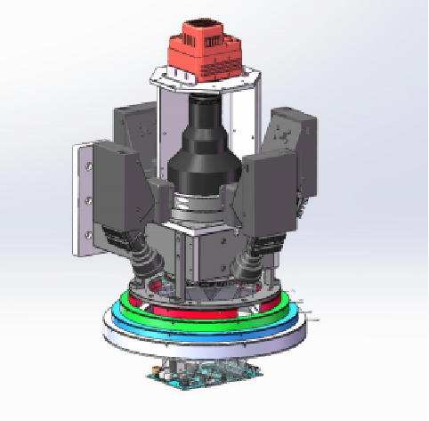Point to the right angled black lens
pyautogui.click(x=253, y=257)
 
